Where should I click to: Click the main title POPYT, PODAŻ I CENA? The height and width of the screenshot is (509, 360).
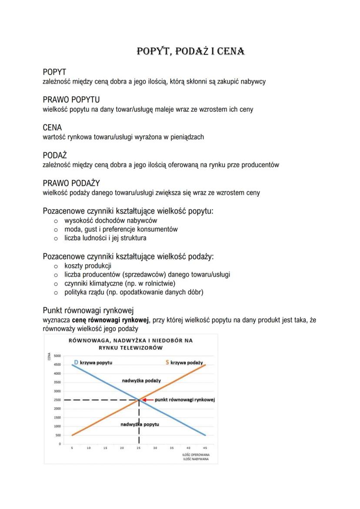click(191, 51)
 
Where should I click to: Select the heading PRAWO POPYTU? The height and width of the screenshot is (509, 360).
click(71, 100)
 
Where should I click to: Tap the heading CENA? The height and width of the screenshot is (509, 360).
click(52, 128)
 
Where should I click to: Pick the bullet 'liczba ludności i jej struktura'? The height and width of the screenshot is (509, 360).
click(105, 238)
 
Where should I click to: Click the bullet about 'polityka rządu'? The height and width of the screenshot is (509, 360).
click(133, 292)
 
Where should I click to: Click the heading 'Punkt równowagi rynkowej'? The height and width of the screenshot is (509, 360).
click(88, 310)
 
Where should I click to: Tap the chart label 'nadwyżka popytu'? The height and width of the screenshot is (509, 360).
click(139, 424)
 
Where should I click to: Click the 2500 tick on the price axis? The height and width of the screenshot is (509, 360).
click(57, 400)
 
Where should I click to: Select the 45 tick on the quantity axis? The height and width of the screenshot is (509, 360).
click(205, 447)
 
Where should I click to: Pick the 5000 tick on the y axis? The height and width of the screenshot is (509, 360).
click(57, 356)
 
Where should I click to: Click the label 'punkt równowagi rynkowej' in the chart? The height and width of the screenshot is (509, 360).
click(185, 399)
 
